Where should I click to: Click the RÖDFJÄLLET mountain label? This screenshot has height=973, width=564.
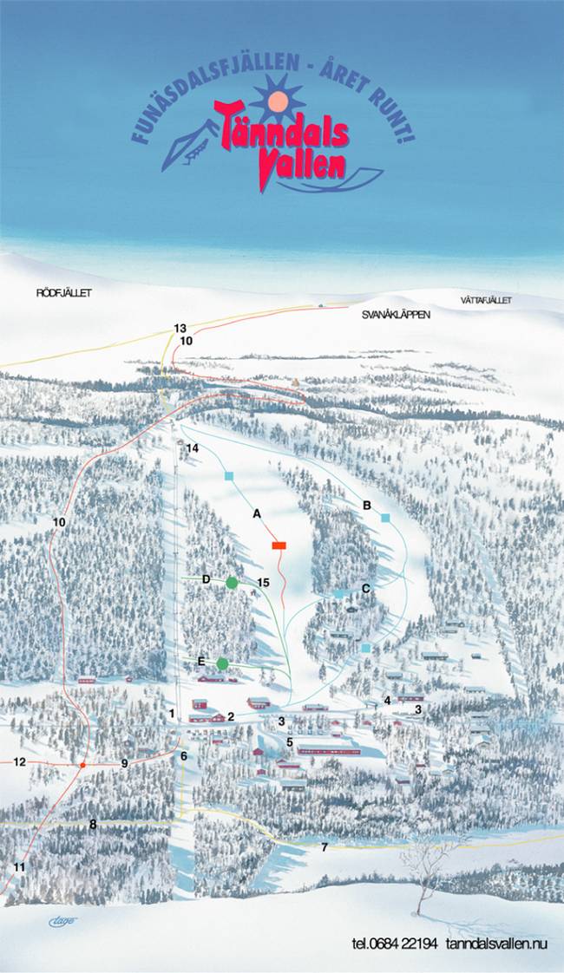pos(63,293)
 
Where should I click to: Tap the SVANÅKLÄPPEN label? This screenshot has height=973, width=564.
pos(396,316)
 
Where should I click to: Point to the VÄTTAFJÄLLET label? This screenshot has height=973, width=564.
pos(486,300)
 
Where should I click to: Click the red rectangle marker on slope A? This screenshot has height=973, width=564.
pos(279,545)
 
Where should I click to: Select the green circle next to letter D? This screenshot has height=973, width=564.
pos(232,583)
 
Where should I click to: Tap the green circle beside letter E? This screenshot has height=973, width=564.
pos(222,664)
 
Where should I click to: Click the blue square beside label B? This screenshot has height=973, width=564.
pos(384,518)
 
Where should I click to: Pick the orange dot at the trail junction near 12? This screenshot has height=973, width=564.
pos(82,765)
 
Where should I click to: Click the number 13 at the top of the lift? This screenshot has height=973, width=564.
pos(180,329)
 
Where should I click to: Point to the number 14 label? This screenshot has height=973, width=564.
pos(193,448)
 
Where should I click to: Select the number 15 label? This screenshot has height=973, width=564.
pos(264,583)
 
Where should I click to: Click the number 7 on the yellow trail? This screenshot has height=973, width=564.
pos(325,846)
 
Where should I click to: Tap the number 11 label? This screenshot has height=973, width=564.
pos(20,866)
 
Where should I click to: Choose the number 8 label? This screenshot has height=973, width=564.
pos(93,825)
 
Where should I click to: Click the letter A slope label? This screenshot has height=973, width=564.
pos(257,513)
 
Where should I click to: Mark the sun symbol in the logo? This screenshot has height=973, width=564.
pos(278,101)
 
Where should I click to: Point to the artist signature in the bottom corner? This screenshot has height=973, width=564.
pos(62,921)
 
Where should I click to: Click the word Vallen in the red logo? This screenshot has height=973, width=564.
pos(302,167)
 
